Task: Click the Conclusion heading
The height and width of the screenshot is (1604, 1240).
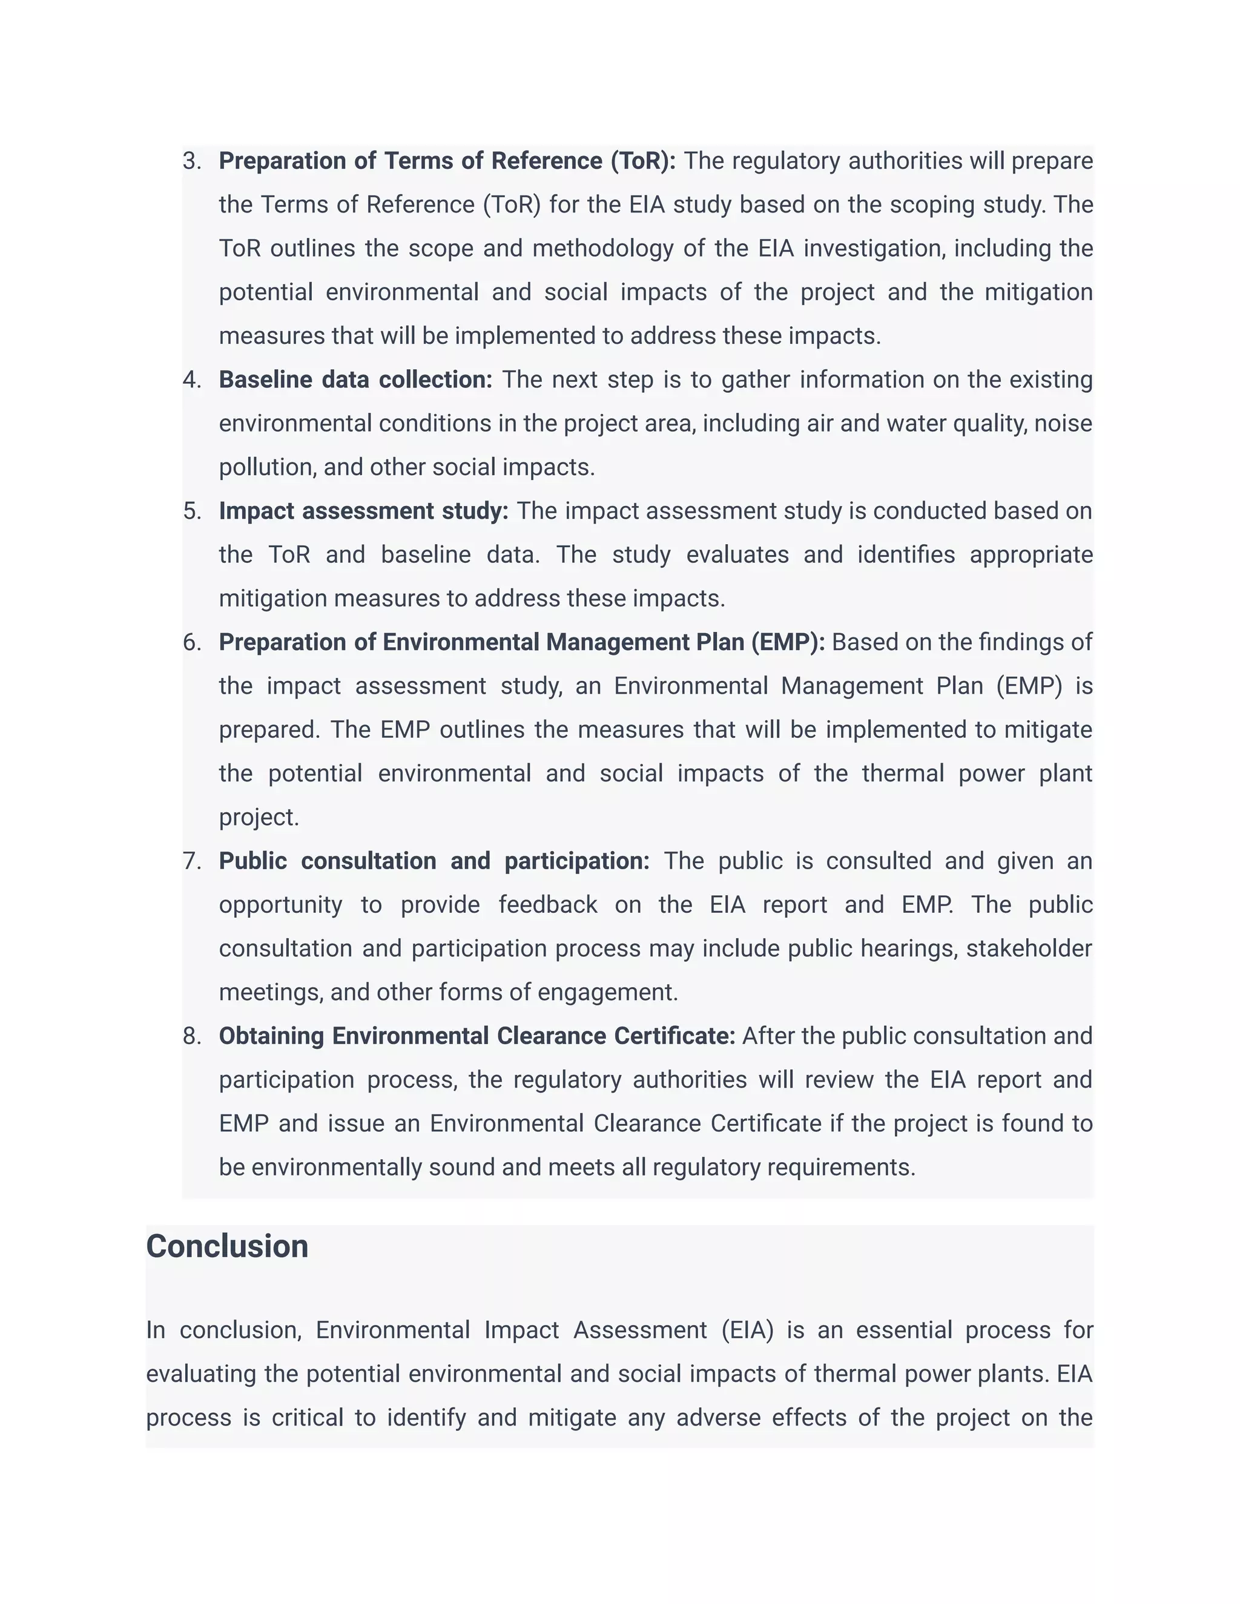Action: click(227, 1246)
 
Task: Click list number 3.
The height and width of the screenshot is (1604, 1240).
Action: click(192, 161)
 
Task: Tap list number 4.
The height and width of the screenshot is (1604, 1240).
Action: click(192, 380)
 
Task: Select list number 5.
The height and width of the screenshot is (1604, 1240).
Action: click(192, 511)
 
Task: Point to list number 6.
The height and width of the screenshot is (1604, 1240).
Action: click(192, 643)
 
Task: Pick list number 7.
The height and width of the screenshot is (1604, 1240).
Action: click(192, 861)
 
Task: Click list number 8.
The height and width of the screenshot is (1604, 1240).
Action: click(192, 1036)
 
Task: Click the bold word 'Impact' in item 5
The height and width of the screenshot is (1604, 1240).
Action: click(256, 511)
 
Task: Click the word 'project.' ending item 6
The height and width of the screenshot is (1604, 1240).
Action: click(259, 817)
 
